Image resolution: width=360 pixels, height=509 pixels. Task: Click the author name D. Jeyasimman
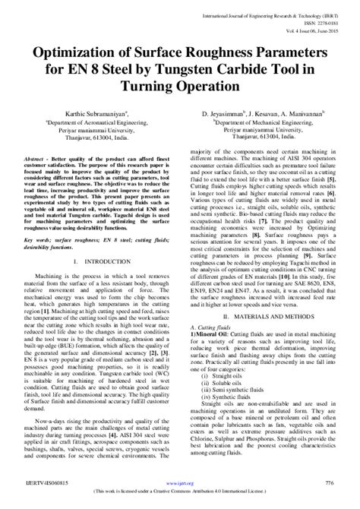(x=224, y=114)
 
